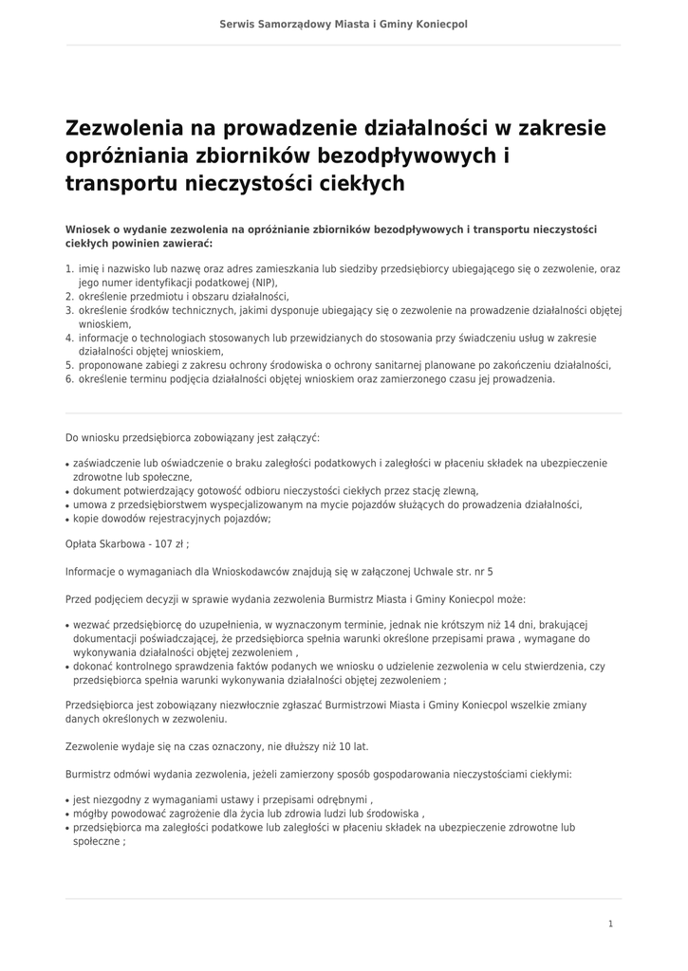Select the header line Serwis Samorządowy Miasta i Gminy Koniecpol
tap(344, 24)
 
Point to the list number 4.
tap(69, 338)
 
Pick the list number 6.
tap(69, 378)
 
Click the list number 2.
tap(69, 296)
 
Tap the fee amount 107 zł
tap(172, 544)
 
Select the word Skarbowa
tap(117, 544)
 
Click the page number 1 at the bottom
tap(611, 923)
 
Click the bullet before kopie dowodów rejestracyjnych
tap(67, 520)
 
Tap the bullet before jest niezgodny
tap(67, 800)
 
